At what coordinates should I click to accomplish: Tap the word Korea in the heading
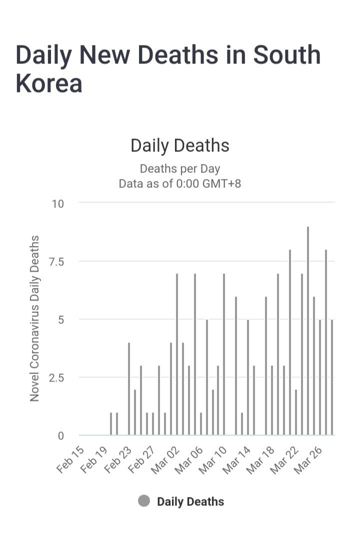pos(48,83)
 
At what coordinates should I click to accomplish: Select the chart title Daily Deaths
pos(180,145)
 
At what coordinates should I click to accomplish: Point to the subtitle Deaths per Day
pos(180,168)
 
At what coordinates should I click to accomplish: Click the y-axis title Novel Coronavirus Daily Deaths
pos(34,318)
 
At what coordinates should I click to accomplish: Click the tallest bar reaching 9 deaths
pos(308,330)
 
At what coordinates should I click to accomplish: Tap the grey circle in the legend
pos(144,501)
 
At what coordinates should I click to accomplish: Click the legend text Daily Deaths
pos(190,501)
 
